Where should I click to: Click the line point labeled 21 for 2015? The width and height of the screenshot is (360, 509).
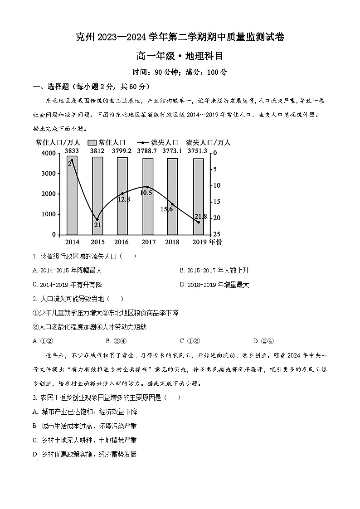[x=97, y=219]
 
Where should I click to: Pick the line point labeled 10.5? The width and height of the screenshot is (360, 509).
[x=147, y=187]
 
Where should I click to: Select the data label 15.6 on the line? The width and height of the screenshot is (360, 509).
[x=167, y=209]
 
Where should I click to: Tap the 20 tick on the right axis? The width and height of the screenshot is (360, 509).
[x=217, y=218]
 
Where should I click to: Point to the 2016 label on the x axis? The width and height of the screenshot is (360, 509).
[x=122, y=242]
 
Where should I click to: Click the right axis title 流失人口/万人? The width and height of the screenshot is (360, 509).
[x=208, y=142]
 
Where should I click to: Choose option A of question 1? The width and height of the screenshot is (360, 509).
[x=68, y=271]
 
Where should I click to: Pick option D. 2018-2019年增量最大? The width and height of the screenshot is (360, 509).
[x=214, y=285]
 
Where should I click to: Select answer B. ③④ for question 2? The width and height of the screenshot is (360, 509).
[x=116, y=341]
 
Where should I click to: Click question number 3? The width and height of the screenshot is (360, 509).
[x=35, y=398]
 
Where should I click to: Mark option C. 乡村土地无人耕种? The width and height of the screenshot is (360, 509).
[x=85, y=440]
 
